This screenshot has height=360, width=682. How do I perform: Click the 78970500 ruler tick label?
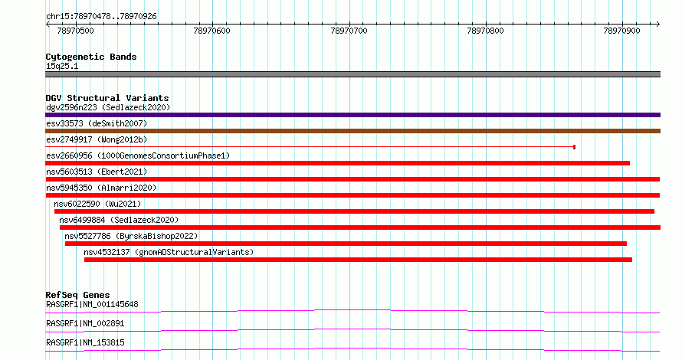[x=75, y=31]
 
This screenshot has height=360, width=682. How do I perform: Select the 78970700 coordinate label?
[x=349, y=31]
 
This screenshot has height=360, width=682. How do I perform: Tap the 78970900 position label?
[x=622, y=31]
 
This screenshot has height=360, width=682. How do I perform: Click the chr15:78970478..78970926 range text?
[x=101, y=17]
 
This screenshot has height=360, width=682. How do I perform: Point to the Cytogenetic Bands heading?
[x=91, y=57]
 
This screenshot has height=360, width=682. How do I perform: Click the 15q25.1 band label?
[x=62, y=66]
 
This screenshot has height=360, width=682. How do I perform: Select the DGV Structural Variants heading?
[x=107, y=98]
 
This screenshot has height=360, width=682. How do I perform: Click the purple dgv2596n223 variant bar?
[x=352, y=115]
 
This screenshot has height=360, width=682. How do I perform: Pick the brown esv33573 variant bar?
[x=352, y=131]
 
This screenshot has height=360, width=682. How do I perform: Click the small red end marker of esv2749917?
[x=575, y=147]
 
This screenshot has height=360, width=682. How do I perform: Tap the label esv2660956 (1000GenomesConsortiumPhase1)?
[x=138, y=155]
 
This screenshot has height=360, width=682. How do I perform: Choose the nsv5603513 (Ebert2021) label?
[x=97, y=172]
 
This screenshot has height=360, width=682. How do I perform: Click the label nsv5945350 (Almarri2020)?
[x=101, y=188]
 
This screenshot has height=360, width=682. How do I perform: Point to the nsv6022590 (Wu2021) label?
[x=97, y=204]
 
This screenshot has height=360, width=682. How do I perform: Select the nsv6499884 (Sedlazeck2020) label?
[x=119, y=220]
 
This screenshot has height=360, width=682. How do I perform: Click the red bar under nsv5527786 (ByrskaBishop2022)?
[x=346, y=244]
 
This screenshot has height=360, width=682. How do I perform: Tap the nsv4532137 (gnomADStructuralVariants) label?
[x=169, y=252]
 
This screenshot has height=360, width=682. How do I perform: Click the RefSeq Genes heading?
[x=77, y=295]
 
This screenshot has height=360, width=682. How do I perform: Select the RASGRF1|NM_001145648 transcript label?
[x=92, y=304]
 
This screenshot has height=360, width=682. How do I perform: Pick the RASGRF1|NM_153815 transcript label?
[x=85, y=342]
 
